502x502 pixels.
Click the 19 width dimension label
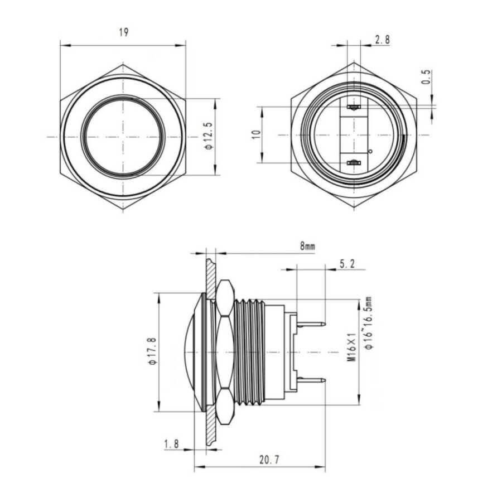tap(124, 32)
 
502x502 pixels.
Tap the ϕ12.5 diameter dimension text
tap(209, 136)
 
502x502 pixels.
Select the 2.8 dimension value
tap(382, 40)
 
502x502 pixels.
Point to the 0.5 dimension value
tap(426, 77)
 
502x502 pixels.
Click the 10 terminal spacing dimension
tap(257, 134)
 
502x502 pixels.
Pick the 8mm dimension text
tap(307, 246)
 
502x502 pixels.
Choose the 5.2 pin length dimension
tap(347, 264)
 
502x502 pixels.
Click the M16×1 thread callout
tap(352, 347)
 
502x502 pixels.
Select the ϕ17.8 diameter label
tap(153, 351)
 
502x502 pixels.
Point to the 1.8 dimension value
tap(172, 444)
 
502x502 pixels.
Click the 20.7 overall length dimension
tap(269, 460)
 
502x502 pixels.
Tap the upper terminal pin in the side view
tap(311, 325)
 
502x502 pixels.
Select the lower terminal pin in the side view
tap(311, 380)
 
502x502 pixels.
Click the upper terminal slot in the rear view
tap(354, 107)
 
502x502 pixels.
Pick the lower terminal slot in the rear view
tap(354, 163)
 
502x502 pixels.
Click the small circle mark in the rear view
tap(371, 151)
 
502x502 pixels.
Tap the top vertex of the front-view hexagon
tap(123, 65)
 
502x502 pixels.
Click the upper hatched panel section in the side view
tap(211, 278)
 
